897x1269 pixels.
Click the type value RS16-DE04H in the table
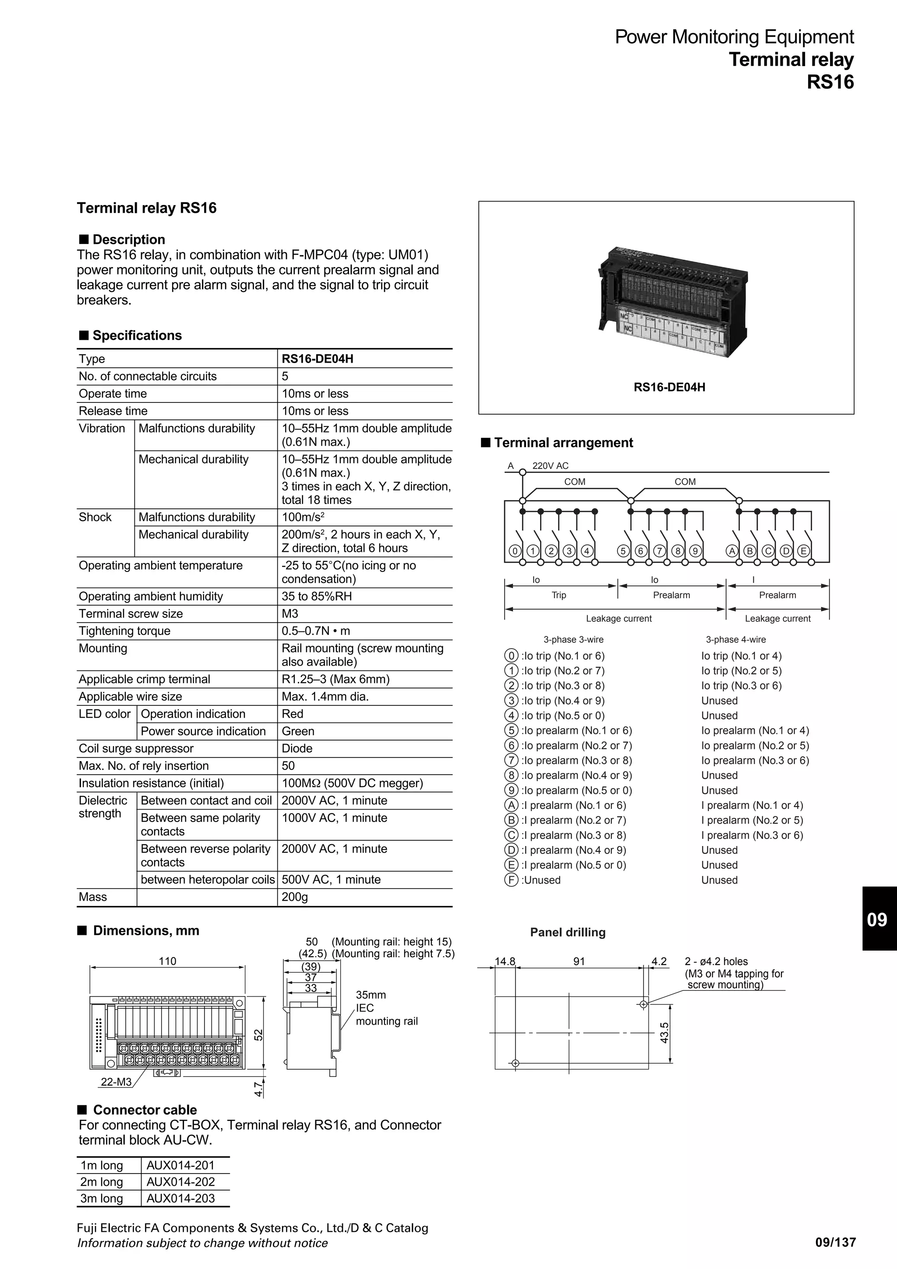click(317, 359)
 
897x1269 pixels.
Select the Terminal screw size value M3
click(290, 613)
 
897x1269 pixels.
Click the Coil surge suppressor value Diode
click(297, 748)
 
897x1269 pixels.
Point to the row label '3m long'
click(102, 1198)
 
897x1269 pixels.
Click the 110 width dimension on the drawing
click(167, 961)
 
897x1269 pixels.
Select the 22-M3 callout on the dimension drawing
click(116, 1082)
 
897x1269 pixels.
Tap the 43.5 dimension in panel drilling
click(664, 1033)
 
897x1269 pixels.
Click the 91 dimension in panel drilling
click(579, 961)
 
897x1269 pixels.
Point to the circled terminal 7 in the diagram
click(659, 550)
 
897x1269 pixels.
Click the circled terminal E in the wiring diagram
click(803, 550)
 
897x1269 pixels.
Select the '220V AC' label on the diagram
click(550, 466)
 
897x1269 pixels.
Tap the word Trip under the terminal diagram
click(559, 595)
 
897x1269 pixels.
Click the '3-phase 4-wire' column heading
click(736, 639)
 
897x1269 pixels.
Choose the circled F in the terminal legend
click(511, 880)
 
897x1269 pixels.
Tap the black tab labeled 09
click(877, 920)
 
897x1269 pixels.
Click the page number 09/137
click(835, 1242)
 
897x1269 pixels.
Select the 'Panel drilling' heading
click(568, 932)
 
